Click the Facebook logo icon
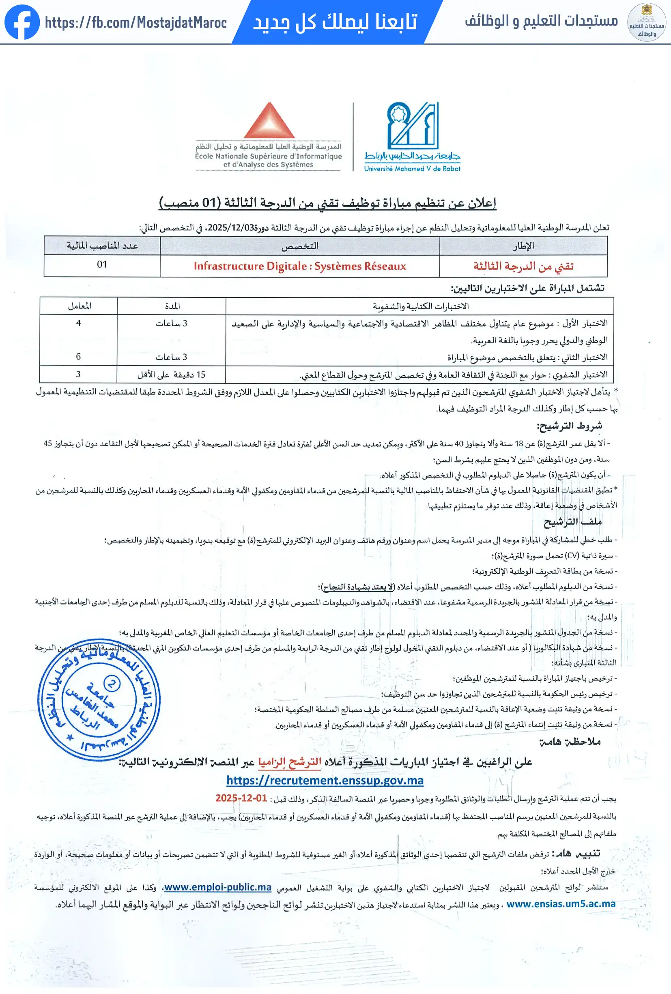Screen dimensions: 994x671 pyautogui.click(x=22, y=22)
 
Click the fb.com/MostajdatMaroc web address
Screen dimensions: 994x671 pyautogui.click(x=135, y=23)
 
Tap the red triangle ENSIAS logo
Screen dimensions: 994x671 pyautogui.click(x=269, y=121)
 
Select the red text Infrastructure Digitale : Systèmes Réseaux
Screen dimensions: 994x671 pyautogui.click(x=300, y=266)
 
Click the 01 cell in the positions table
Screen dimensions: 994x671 pyautogui.click(x=102, y=265)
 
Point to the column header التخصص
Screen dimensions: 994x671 pyautogui.click(x=300, y=246)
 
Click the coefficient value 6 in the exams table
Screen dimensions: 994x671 pyautogui.click(x=78, y=357)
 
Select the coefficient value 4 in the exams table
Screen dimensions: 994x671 pyautogui.click(x=78, y=323)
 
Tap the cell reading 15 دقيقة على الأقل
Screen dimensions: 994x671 pyautogui.click(x=171, y=374)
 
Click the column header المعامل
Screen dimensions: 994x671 pyautogui.click(x=80, y=306)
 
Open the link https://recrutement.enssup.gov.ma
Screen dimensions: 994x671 pyautogui.click(x=325, y=781)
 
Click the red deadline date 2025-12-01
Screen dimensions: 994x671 pyautogui.click(x=241, y=798)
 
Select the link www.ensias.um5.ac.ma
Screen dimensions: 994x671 pyautogui.click(x=561, y=904)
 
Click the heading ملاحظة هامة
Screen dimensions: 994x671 pyautogui.click(x=570, y=742)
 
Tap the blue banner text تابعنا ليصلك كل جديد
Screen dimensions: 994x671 pyautogui.click(x=335, y=22)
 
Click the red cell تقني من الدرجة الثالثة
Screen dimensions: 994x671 pyautogui.click(x=523, y=266)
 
